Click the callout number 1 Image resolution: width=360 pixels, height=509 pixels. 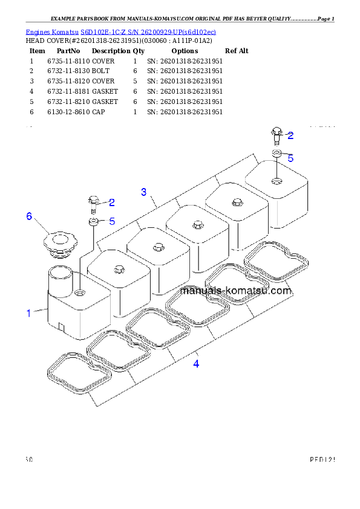click(28, 313)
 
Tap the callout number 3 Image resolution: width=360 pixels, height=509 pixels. click(143, 192)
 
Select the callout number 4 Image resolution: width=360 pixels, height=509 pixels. click(195, 364)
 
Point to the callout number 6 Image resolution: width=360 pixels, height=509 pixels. click(28, 216)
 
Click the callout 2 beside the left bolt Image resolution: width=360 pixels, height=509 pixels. click(111, 203)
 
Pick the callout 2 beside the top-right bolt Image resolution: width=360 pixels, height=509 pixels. click(290, 135)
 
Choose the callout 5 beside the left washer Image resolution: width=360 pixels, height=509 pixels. click(112, 221)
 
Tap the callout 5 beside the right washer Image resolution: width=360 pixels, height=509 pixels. click(290, 158)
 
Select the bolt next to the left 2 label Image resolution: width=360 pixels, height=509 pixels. click(93, 204)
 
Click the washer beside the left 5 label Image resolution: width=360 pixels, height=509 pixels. click(94, 223)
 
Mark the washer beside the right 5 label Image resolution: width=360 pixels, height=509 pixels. click(276, 154)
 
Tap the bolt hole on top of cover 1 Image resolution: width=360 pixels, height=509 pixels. click(81, 293)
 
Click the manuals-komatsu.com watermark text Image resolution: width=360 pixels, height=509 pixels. click(236, 291)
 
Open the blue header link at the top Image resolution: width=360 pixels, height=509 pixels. click(120, 31)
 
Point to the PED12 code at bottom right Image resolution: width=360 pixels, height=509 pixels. click(321, 460)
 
